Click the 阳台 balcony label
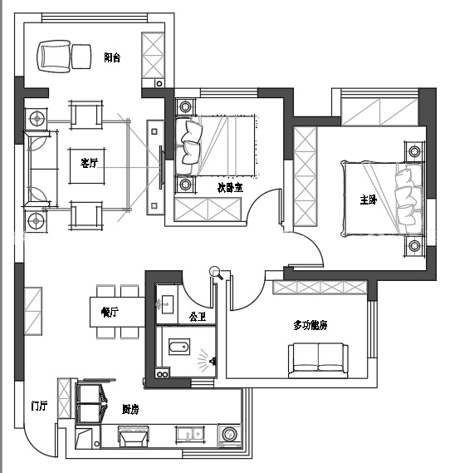[x=112, y=57]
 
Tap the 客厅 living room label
[x=89, y=163]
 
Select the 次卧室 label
[x=230, y=188]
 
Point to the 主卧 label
[x=368, y=200]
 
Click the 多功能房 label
[x=311, y=325]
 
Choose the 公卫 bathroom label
[x=198, y=317]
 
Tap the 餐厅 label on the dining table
[x=110, y=312]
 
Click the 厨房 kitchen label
[x=130, y=409]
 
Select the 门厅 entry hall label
[x=39, y=406]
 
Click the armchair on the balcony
[x=54, y=57]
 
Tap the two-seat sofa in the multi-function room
[x=318, y=360]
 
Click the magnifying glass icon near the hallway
[x=216, y=273]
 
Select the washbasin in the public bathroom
[x=165, y=304]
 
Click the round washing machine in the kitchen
[x=229, y=434]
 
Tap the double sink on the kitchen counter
[x=189, y=434]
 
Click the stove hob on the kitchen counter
[x=134, y=436]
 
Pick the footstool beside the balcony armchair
[x=81, y=57]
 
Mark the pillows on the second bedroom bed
[x=190, y=143]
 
